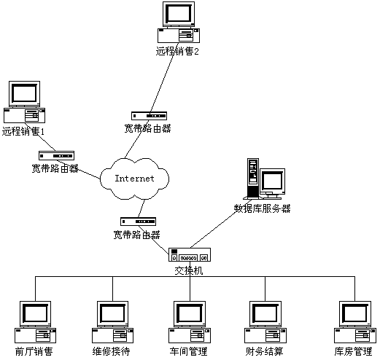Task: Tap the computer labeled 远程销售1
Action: tap(23, 103)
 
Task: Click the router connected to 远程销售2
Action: tap(148, 115)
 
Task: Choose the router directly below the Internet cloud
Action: tap(136, 222)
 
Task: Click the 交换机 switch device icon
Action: tap(190, 255)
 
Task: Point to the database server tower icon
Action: tap(253, 179)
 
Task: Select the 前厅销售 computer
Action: tap(34, 321)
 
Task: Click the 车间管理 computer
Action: tap(190, 321)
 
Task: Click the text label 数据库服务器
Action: tap(262, 208)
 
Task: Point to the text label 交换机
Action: tap(189, 270)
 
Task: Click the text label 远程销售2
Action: tap(177, 52)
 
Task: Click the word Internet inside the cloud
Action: tap(136, 178)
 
